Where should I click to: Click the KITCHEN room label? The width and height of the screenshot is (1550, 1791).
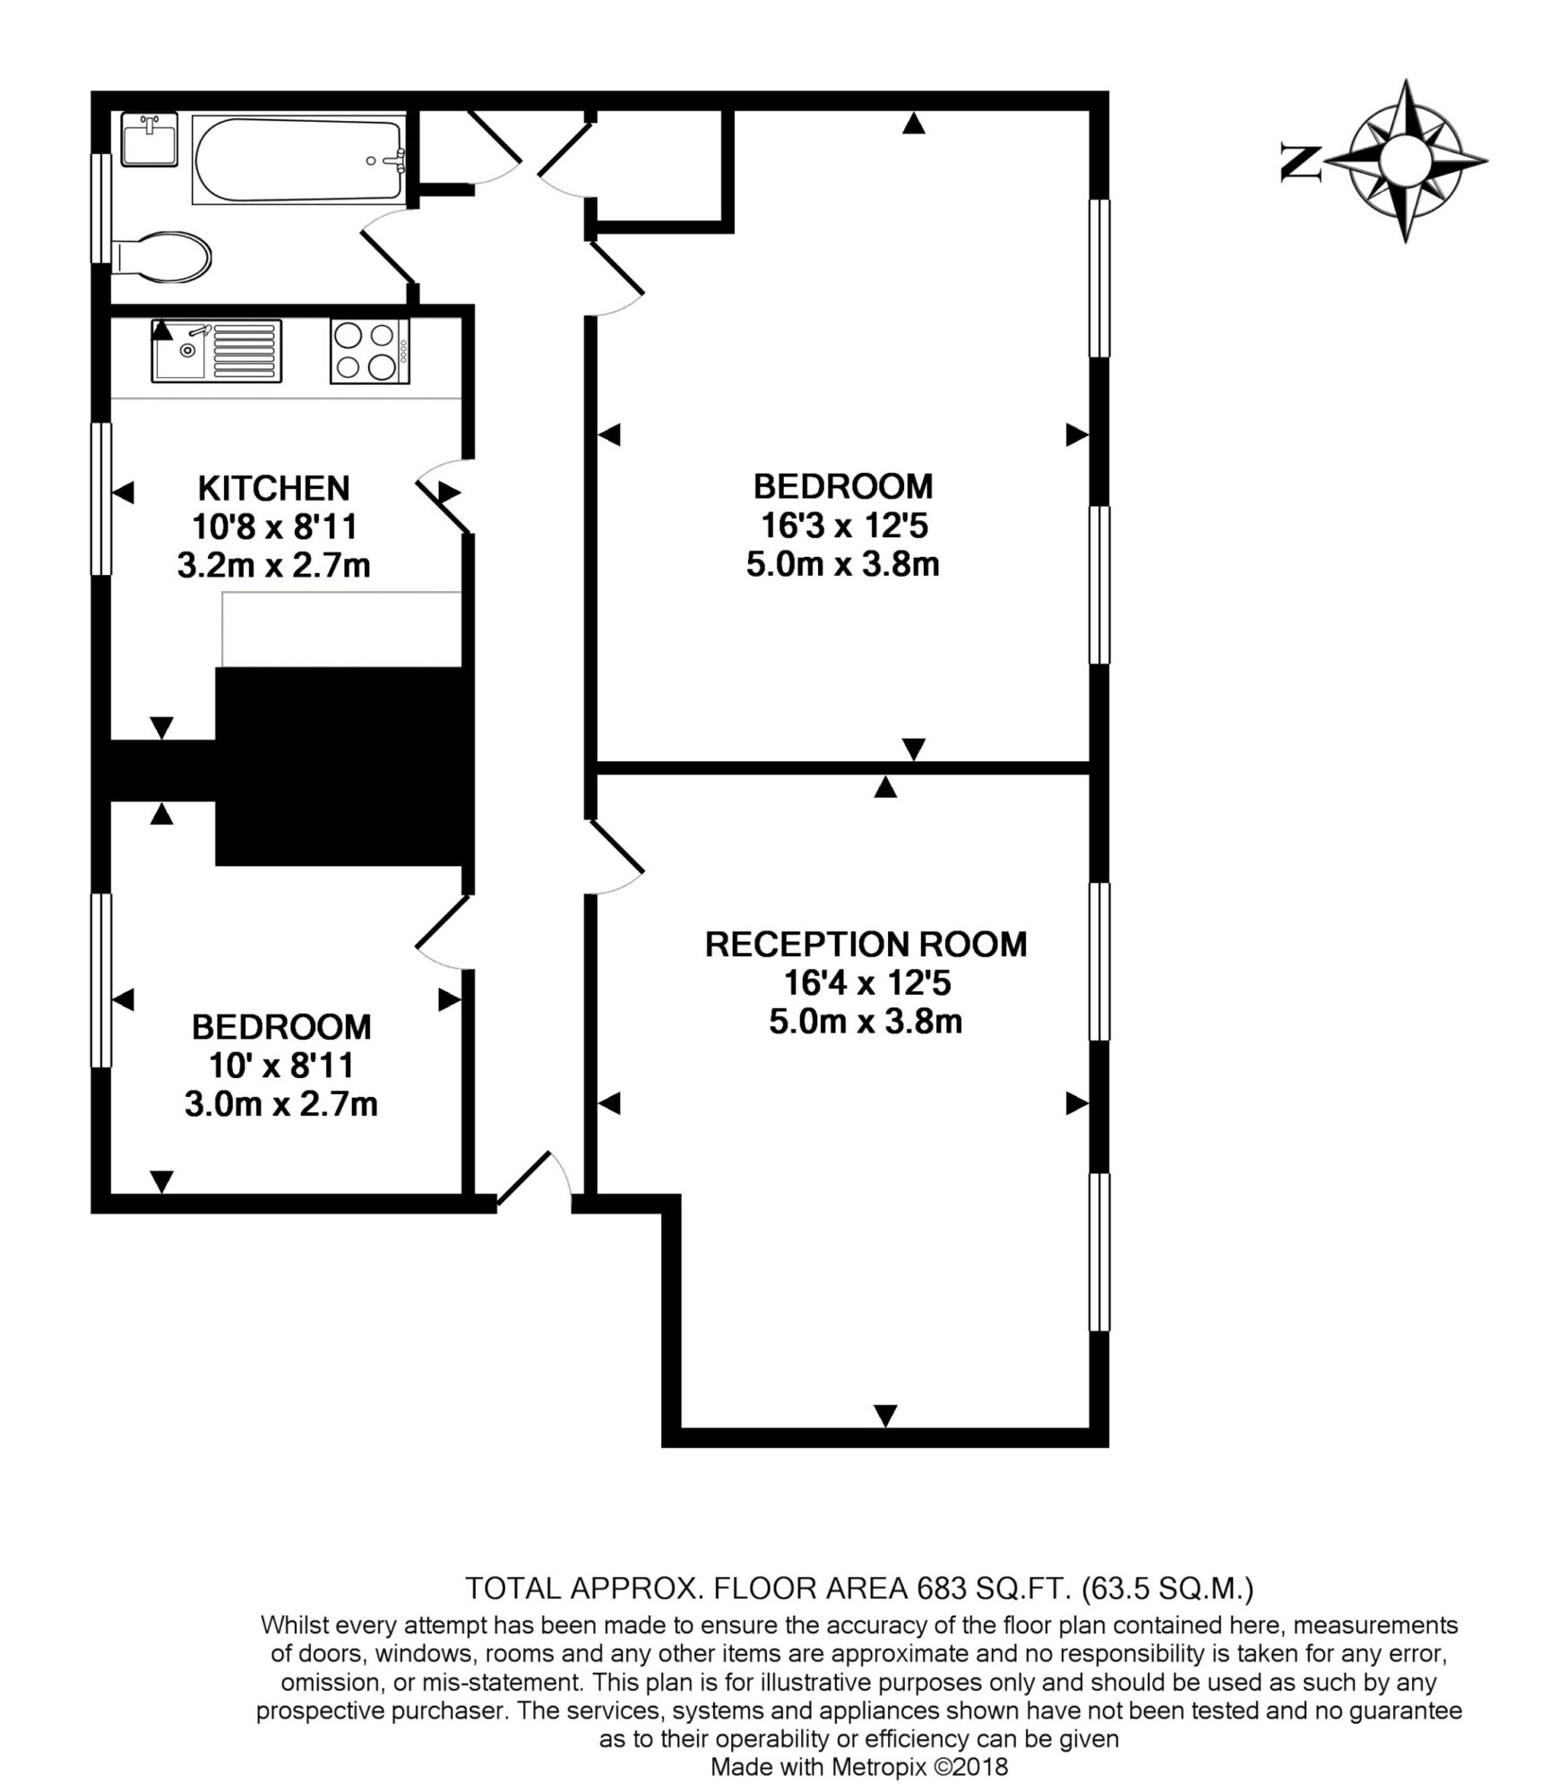pos(273,488)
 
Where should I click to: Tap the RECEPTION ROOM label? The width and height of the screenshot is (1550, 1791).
pos(865,945)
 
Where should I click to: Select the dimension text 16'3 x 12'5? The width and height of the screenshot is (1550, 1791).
pos(841,526)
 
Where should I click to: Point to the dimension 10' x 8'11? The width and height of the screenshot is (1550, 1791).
pos(281,1066)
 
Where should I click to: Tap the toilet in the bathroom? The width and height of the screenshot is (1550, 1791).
pos(161,258)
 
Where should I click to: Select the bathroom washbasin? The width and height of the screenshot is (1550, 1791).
pos(149,140)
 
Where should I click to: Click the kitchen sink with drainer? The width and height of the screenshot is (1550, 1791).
pos(216,351)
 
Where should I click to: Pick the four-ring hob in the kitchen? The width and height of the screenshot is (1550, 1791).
pos(369,351)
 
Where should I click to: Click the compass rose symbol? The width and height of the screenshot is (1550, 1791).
pos(1405,161)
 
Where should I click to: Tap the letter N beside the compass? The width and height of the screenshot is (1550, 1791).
pos(1302,164)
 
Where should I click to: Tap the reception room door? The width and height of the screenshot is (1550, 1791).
pos(615,858)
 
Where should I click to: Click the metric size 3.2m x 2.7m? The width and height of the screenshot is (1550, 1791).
pos(273,566)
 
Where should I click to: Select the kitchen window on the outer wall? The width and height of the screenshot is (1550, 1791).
pos(101,498)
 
